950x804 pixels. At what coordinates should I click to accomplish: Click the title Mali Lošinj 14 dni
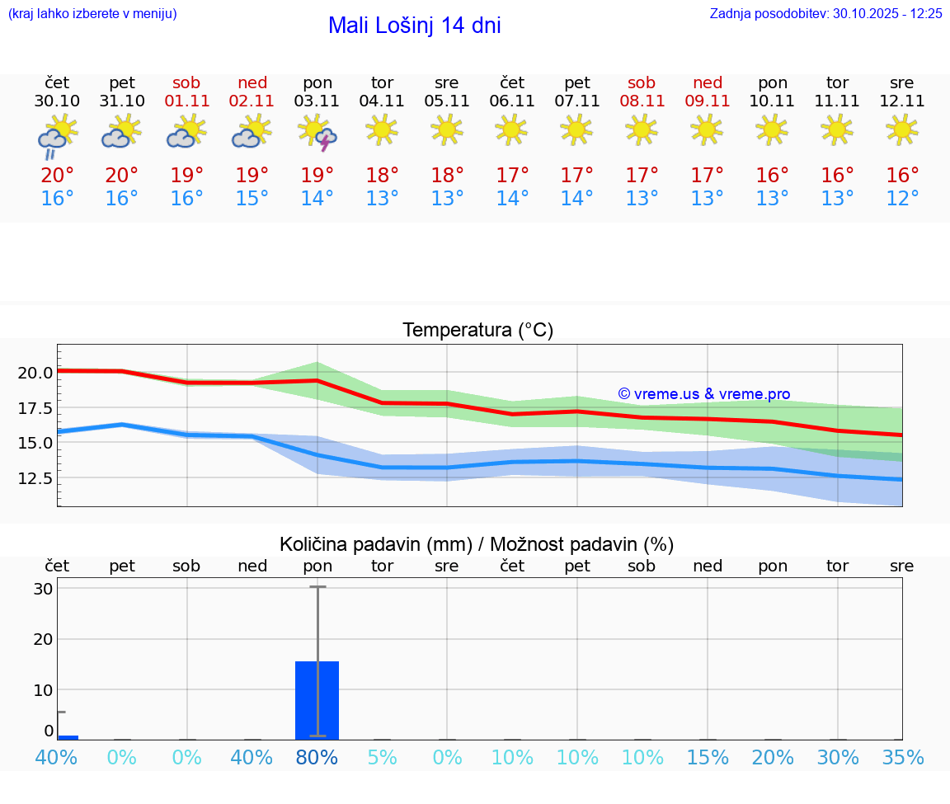coord(414,26)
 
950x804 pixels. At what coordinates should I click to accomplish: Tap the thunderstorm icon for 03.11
coord(317,133)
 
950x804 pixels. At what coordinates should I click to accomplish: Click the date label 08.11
coord(642,101)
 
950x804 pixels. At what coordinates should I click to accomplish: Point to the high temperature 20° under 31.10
coord(122,176)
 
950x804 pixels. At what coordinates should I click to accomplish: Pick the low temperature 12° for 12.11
coord(902,199)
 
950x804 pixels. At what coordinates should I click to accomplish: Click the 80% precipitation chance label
coord(317,758)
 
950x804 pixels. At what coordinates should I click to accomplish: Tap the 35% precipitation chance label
coord(902,758)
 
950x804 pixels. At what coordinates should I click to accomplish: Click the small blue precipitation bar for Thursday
coord(68,736)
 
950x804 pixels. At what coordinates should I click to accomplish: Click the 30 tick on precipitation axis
coord(43,589)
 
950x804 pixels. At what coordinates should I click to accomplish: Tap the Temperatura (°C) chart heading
coord(477,331)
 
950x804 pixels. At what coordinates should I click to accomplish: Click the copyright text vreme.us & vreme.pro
coord(704,394)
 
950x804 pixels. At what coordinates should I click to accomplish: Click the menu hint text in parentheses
coord(92,14)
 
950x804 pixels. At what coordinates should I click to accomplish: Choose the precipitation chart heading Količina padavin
coord(477,544)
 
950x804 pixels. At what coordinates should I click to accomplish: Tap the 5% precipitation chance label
coord(383,758)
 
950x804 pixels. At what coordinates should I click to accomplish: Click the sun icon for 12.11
coord(902,129)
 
